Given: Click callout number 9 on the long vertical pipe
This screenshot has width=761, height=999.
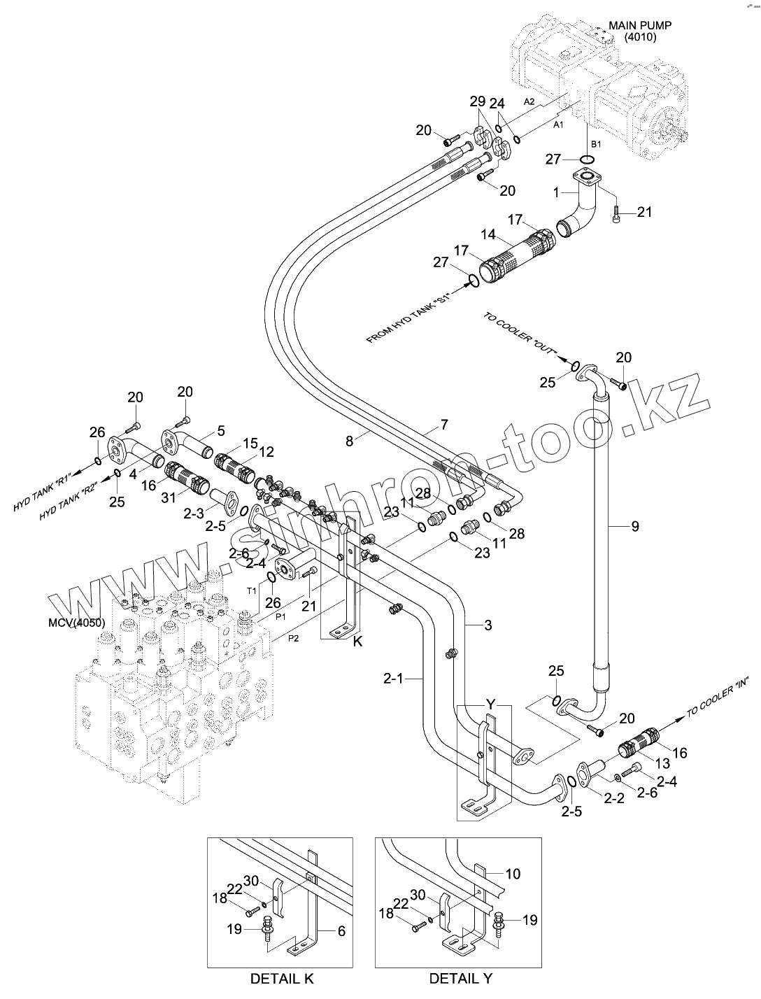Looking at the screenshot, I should coord(635,526).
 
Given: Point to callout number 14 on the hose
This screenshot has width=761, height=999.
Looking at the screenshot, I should coord(488,234).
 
